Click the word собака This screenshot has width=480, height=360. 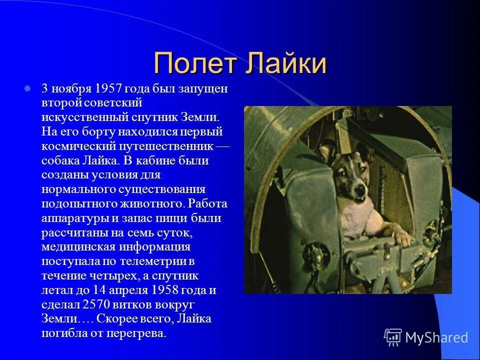pyautogui.click(x=59, y=161)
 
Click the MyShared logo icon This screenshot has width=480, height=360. pyautogui.click(x=393, y=337)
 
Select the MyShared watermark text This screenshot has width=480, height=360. pyautogui.click(x=436, y=338)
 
